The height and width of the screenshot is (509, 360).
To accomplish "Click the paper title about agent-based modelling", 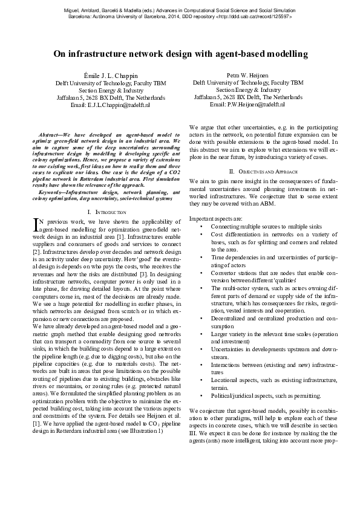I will coord(180,54).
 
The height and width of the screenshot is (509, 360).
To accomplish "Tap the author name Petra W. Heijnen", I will coord(248,75).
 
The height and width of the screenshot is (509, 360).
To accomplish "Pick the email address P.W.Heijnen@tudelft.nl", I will coord(248,105).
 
